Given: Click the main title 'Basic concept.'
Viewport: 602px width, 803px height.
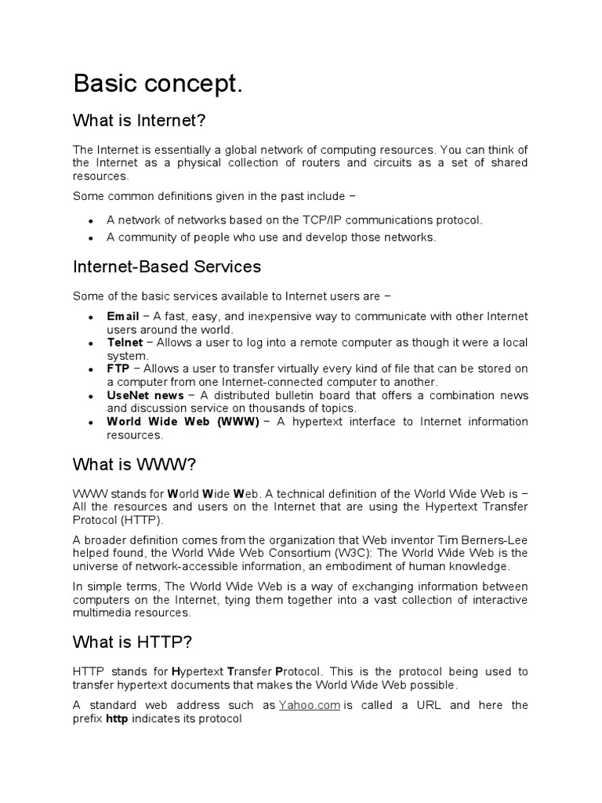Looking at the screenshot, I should pos(158,85).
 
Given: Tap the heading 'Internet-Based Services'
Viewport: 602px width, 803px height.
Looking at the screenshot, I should pos(166,267).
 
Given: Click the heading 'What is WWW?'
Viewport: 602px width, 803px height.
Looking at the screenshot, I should pos(133,464).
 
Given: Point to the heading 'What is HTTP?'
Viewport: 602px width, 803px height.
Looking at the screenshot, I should pos(132,642).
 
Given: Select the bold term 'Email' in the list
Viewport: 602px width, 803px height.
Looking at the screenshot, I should pos(123,316).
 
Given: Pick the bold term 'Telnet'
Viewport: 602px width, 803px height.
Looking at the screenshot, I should pos(125,343).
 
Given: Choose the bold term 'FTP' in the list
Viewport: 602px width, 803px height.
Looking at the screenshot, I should pos(118,369).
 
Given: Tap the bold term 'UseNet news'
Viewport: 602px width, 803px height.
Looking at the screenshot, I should pos(146,395).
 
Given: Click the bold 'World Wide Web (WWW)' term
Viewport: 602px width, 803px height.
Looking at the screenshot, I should pos(183,422).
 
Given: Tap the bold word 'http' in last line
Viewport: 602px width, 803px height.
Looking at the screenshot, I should pos(117,718).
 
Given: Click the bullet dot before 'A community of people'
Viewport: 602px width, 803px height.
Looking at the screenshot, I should pos(92,238).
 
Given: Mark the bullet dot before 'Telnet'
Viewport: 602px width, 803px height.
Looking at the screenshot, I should pos(92,343).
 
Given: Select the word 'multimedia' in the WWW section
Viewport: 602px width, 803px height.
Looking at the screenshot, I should pos(100,613).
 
